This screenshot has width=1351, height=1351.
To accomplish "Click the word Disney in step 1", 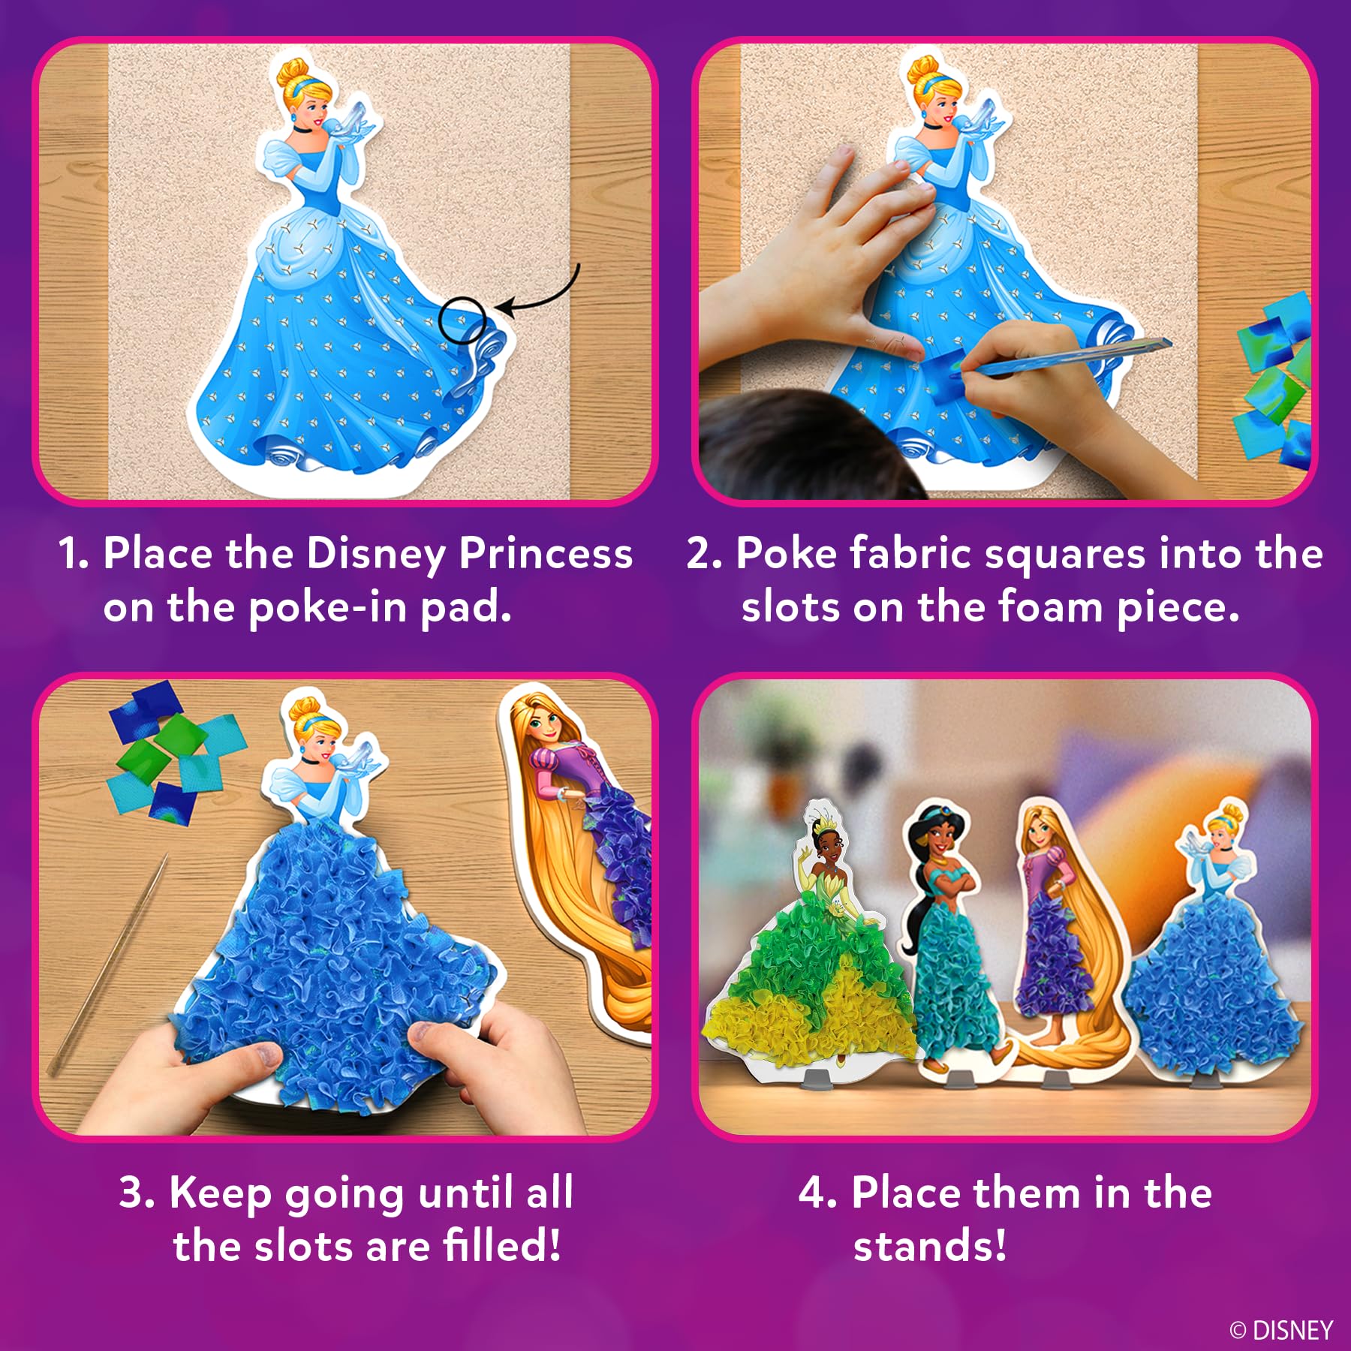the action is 375,555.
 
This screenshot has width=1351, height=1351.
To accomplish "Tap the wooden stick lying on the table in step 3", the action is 107,964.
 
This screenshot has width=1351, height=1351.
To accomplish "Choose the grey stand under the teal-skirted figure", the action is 955,1080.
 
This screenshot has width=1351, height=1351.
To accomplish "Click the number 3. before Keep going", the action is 137,1192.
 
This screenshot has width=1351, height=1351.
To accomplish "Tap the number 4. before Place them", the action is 817,1192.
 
